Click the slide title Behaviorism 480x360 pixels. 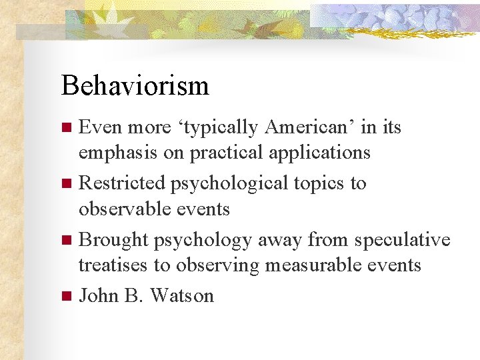point(135,86)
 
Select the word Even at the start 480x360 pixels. point(100,127)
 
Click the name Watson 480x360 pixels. point(182,295)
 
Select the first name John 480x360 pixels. point(99,295)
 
